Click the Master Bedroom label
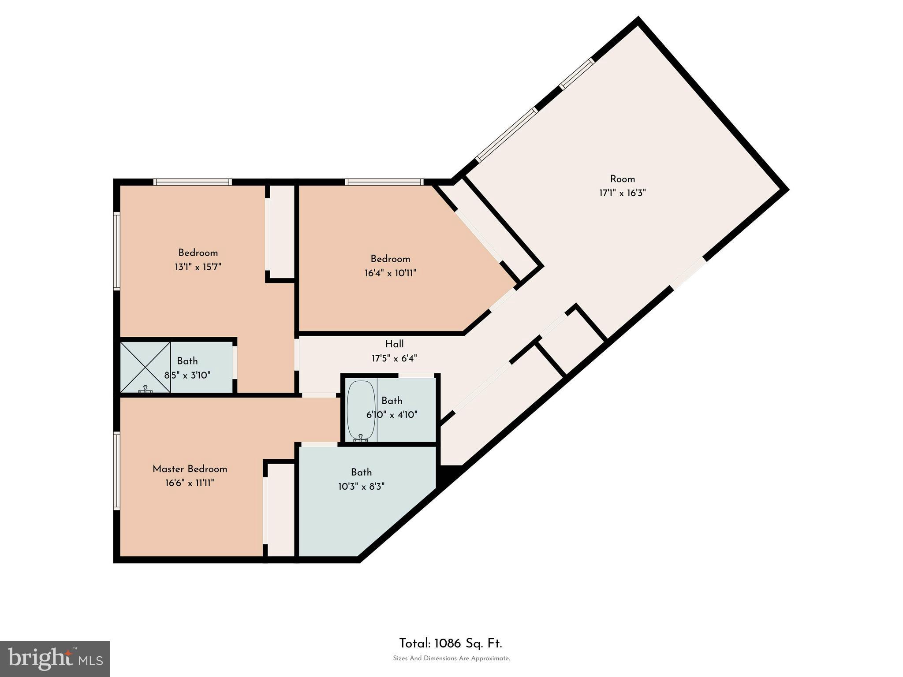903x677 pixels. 190,469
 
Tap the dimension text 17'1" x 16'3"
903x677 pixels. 622,193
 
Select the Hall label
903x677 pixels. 394,344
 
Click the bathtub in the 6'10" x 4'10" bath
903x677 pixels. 361,410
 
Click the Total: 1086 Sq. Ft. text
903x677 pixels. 450,644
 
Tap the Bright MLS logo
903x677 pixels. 55,658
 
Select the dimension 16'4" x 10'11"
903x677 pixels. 390,273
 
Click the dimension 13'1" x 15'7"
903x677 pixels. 198,267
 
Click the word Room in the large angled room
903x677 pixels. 622,179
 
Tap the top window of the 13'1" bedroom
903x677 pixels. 192,182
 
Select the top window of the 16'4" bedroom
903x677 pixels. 384,182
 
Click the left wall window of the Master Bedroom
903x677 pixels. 117,471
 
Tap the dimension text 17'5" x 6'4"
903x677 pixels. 394,358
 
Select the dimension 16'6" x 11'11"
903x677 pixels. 190,483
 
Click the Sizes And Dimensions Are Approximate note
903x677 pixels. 451,658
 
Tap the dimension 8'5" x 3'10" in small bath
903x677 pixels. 187,376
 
